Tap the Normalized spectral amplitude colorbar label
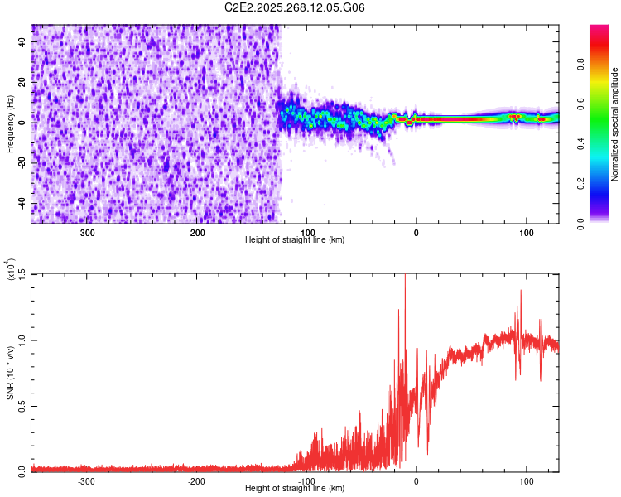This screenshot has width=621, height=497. pyautogui.click(x=615, y=124)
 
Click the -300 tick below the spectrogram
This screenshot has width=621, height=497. pyautogui.click(x=86, y=233)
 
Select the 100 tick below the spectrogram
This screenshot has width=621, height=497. pyautogui.click(x=526, y=233)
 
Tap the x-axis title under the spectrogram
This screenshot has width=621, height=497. pyautogui.click(x=295, y=240)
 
